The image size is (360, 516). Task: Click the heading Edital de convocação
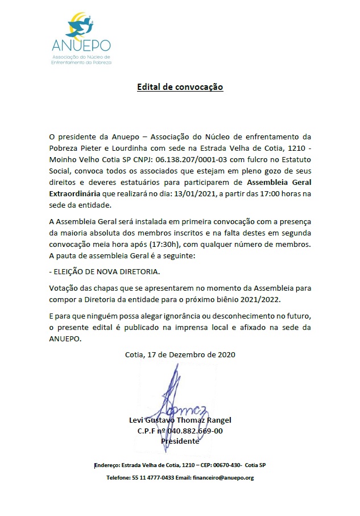pos(180,87)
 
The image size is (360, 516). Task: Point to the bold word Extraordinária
pos(76,194)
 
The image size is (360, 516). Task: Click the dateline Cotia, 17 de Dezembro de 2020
pos(180,354)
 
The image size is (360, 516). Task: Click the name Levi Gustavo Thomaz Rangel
pos(181,420)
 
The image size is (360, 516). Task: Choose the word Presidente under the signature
pos(180,441)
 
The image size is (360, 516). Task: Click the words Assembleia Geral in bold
pos(280,183)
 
